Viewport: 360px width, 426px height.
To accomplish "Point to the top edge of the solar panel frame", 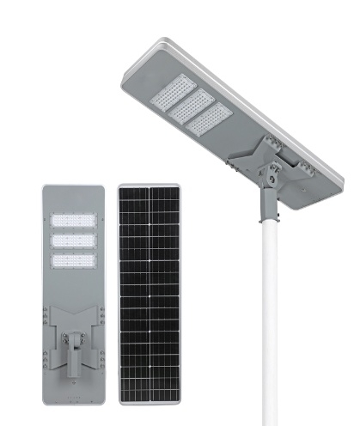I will [x=149, y=185].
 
